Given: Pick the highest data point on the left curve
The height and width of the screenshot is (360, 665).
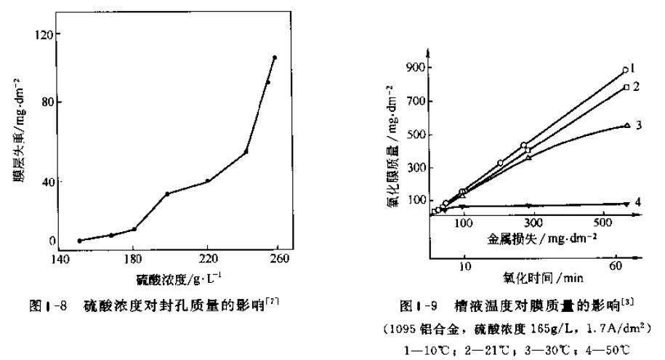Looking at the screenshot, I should [275, 57].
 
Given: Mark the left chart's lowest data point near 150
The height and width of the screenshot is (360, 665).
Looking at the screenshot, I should [80, 241].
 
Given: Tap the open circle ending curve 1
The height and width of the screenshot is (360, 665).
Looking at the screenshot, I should [625, 71].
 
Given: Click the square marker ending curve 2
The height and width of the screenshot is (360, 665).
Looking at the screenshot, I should [626, 87].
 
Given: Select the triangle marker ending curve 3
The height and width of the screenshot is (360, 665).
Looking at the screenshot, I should [626, 126].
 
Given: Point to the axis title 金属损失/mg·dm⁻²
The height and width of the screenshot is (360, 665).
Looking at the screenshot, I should [530, 239].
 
